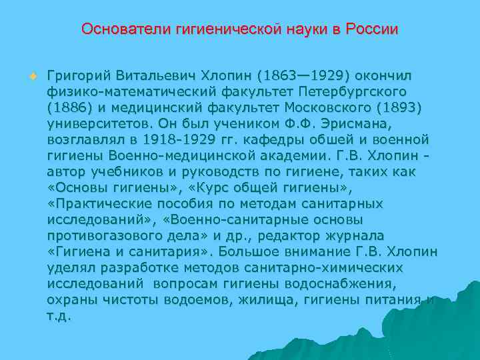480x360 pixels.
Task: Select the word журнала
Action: (x=340, y=237)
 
